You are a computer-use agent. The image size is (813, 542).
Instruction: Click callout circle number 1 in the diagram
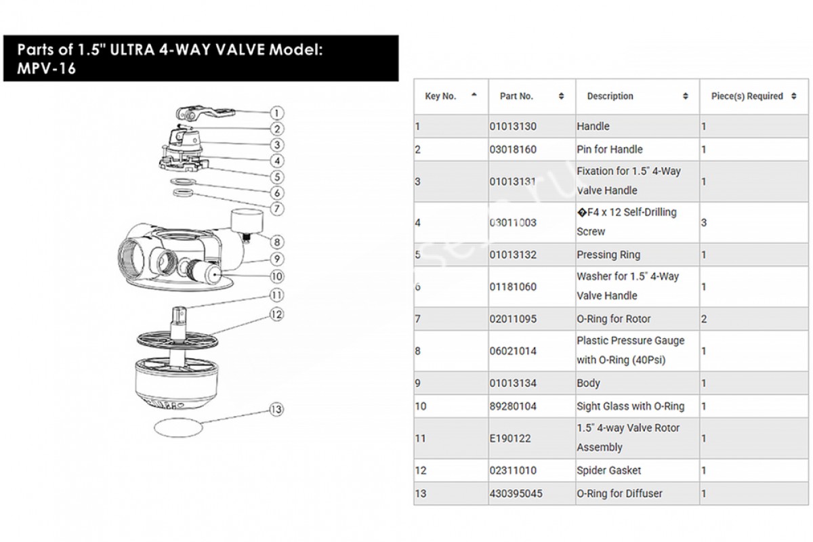click(x=278, y=112)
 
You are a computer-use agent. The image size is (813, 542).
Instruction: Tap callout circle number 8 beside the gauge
click(x=277, y=242)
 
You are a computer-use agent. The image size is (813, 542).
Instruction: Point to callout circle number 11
click(x=276, y=295)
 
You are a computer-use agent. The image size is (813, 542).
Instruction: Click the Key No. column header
click(x=440, y=96)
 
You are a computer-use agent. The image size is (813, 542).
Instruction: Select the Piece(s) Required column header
click(x=747, y=96)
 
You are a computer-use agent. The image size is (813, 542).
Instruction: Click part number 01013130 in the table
click(x=512, y=127)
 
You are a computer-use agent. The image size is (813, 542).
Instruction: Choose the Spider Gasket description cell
click(x=608, y=470)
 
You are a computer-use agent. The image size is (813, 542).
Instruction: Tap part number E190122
click(x=509, y=438)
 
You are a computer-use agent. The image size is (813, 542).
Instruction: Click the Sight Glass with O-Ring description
click(x=630, y=406)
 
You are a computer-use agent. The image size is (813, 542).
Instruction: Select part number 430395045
click(x=516, y=493)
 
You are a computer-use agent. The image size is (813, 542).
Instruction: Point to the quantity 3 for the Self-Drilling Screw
click(x=704, y=222)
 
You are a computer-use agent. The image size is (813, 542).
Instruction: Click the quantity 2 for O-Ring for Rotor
click(x=704, y=319)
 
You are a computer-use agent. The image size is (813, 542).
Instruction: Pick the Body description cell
click(x=588, y=383)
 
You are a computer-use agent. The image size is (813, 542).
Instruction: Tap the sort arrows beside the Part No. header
click(x=561, y=96)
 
